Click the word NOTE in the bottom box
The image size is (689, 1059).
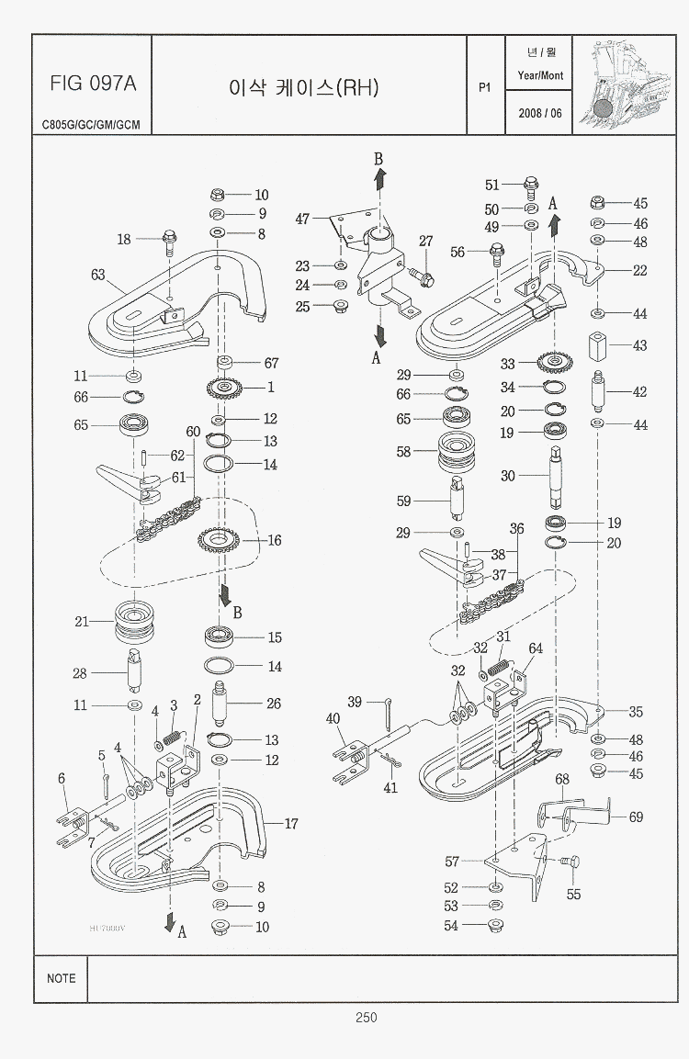62,978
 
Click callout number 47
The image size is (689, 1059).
302,219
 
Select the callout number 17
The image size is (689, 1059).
291,824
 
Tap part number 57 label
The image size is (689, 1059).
452,862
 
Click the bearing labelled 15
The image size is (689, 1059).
221,637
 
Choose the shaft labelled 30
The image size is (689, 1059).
558,477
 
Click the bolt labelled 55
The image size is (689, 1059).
572,862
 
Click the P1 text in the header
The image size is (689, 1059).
485,87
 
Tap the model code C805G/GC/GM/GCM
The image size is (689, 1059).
91,124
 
